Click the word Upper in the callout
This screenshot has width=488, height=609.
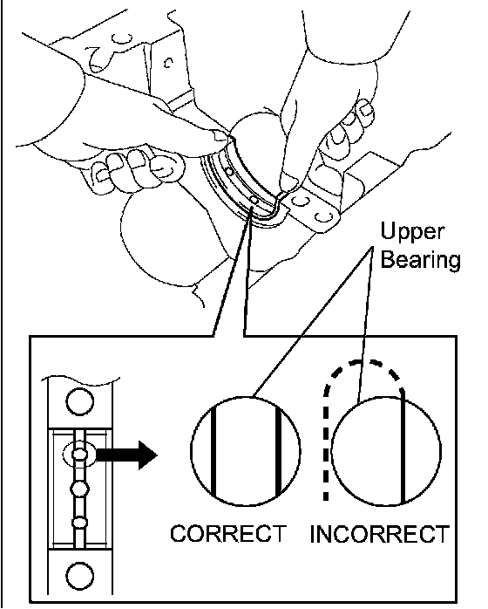tap(412, 233)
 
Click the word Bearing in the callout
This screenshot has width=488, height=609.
tap(421, 259)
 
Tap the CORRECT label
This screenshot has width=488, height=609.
tap(228, 534)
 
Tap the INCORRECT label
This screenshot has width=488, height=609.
tap(380, 534)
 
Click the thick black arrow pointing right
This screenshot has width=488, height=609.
tap(126, 455)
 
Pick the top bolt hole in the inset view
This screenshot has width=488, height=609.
tap(80, 401)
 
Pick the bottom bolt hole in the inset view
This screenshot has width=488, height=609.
tap(80, 576)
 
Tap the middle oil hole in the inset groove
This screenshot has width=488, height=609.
tap(79, 489)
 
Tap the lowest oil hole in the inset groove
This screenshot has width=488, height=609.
tap(79, 523)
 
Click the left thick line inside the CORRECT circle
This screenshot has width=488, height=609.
tap(213, 450)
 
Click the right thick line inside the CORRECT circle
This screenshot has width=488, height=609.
tap(278, 451)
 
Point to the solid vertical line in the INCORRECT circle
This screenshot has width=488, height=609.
tap(403, 447)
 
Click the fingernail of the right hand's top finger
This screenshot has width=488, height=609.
tap(366, 109)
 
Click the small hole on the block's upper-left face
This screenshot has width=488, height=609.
tap(168, 63)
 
